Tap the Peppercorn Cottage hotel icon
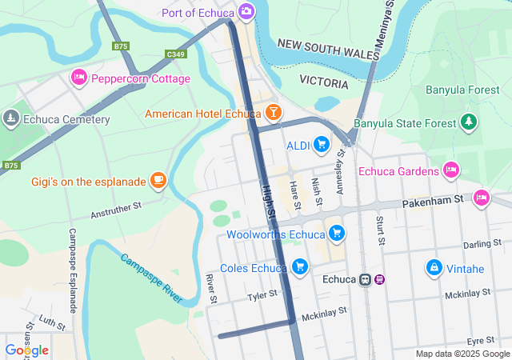pos(78,78)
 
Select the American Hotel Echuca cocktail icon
pos(273,113)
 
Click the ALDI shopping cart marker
pos(322,144)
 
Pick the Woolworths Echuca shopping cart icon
pos(338,234)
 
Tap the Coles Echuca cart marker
pos(300,266)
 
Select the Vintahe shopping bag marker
pos(434,266)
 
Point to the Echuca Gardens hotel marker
pos(451,170)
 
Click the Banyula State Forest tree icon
pos(469,122)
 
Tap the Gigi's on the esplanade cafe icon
pos(158,181)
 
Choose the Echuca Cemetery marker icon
pos(10,119)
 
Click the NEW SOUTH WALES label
pos(328,48)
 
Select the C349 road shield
pos(176,54)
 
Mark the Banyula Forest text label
pos(462,90)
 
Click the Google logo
pos(26,350)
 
